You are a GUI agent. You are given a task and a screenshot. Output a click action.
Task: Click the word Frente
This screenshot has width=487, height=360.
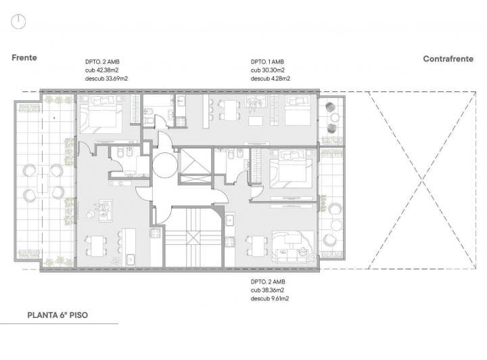point(24,58)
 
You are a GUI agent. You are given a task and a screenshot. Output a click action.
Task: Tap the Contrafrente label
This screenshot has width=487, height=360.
point(448,59)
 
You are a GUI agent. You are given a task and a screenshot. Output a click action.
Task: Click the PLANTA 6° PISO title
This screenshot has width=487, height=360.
point(57,315)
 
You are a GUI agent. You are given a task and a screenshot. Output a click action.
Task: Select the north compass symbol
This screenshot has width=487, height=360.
point(18,22)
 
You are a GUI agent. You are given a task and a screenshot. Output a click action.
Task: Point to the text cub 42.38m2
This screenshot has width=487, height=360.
point(102,70)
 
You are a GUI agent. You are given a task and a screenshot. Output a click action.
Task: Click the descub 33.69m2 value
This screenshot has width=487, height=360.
point(106,78)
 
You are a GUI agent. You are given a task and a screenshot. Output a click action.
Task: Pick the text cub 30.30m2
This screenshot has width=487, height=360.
point(267,70)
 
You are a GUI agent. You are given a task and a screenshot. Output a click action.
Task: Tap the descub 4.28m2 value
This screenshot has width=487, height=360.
point(270,78)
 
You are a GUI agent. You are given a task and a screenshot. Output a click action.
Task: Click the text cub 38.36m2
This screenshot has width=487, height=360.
point(267,290)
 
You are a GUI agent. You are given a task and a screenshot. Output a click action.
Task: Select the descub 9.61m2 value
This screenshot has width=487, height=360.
point(270,298)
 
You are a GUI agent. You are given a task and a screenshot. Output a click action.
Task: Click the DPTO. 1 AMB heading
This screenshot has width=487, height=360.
point(267,62)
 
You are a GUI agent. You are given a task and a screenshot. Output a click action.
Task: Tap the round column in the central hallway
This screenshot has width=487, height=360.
point(165,165)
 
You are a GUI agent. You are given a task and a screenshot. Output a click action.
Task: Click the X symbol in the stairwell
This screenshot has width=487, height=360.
point(193,238)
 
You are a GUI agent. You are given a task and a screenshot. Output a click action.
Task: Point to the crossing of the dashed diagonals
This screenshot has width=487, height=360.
point(422,180)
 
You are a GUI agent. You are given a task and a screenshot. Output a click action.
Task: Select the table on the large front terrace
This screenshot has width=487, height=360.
point(43,183)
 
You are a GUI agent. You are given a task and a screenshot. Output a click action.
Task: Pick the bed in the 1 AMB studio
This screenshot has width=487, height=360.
point(298,111)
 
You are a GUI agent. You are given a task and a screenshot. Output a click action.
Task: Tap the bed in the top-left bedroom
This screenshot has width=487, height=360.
point(101,114)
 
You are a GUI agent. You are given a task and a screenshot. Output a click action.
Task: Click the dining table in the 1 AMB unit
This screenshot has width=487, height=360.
point(230,110)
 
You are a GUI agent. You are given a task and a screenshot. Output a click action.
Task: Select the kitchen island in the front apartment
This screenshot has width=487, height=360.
point(129,247)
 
